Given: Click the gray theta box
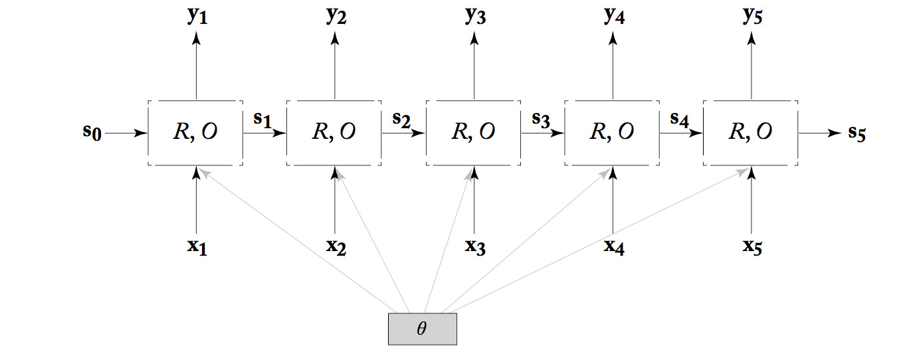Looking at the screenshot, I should pos(422,329).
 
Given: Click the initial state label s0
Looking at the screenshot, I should pos(92,132).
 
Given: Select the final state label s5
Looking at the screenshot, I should pos(857,133).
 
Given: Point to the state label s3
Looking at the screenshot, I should pos(541,120).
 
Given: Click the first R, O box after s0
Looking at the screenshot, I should pos(196,133).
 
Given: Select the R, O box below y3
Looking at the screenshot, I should pos(474,133).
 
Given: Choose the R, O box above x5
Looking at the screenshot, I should pos(751,133).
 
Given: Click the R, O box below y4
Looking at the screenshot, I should pos(612,133).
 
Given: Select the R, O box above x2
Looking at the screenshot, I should pos(334,133).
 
